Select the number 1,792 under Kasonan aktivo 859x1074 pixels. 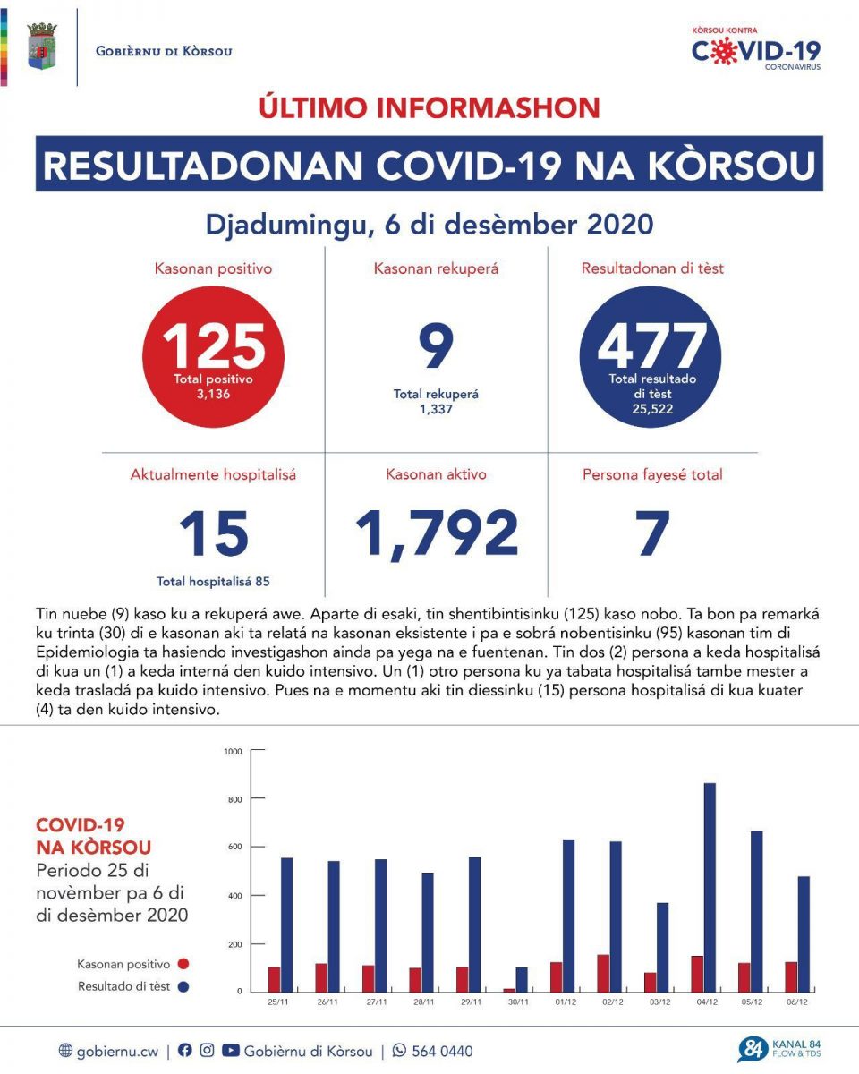coord(437,533)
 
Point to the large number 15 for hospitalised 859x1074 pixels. coord(213,533)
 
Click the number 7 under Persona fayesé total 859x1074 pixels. coord(652,533)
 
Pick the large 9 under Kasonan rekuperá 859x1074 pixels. coord(436,348)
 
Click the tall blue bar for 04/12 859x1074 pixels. coord(710,887)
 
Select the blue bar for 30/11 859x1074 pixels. coord(522,979)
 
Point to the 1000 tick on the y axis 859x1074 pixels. coord(233,750)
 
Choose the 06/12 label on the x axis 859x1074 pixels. coord(797,1002)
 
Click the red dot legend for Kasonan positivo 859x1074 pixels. coord(183,965)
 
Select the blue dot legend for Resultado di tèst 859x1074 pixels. coord(183,987)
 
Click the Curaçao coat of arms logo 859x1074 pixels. coord(42,47)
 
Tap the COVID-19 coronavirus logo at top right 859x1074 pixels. coord(756,49)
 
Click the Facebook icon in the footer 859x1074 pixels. coord(185,1051)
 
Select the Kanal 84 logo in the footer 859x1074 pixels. coord(778,1049)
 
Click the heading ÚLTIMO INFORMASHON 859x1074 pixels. coord(429,107)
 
